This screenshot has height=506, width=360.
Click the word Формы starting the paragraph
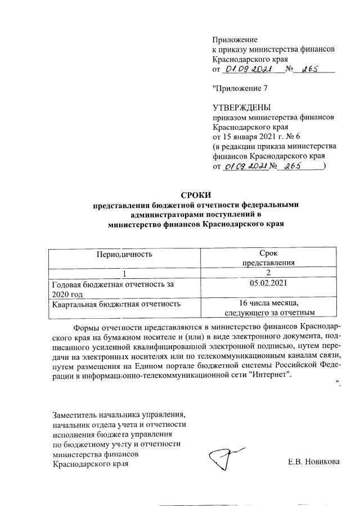click(87, 327)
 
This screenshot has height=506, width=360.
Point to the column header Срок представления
click(269, 258)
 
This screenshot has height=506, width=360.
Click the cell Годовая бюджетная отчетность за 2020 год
click(112, 289)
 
